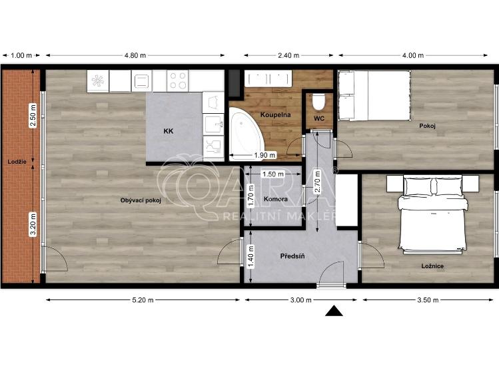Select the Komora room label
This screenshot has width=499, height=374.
[x=275, y=199]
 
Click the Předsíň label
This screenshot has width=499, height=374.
[x=292, y=256]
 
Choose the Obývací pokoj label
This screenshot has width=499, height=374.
[x=141, y=200]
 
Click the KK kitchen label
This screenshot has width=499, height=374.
[x=169, y=131]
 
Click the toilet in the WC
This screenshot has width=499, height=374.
[x=318, y=102]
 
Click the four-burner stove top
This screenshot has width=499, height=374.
[x=178, y=81]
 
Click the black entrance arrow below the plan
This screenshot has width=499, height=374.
[x=334, y=311]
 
